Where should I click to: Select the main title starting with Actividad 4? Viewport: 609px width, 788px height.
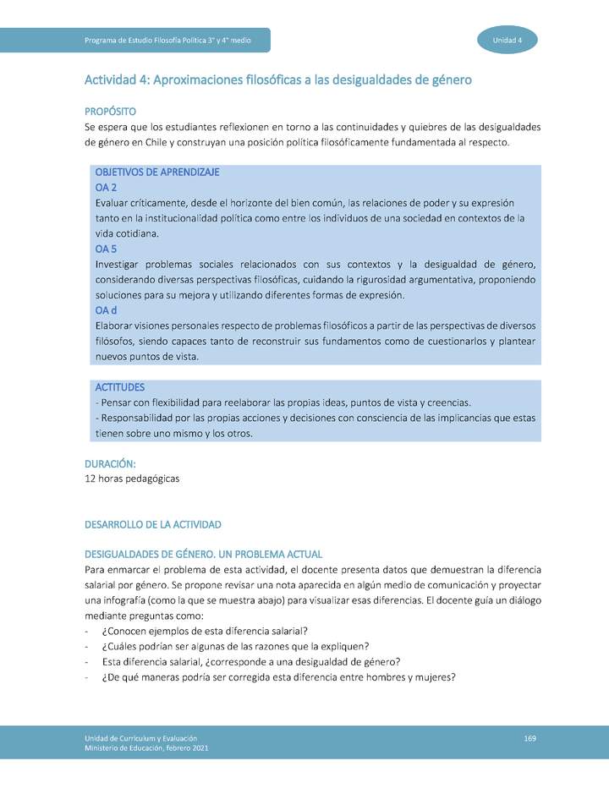point(277,80)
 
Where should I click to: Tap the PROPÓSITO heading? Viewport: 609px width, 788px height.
point(110,112)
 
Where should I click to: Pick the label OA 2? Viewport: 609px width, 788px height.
point(106,187)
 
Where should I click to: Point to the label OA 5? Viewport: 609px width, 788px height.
point(106,249)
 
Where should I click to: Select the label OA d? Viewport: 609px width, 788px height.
point(106,310)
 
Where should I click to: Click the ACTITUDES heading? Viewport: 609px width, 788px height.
point(121,387)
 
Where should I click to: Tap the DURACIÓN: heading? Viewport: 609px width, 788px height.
point(110,464)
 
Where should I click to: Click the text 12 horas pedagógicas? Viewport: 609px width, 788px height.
point(132,479)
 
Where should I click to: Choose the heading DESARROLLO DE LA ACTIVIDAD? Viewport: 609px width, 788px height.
point(153,524)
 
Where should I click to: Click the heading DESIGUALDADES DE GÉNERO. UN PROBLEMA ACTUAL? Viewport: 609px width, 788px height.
point(203,555)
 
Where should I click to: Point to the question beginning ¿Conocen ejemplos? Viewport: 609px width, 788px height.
point(204,631)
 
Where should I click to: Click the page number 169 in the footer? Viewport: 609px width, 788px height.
point(529,739)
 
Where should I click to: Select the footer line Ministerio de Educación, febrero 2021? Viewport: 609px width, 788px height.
point(145,748)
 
